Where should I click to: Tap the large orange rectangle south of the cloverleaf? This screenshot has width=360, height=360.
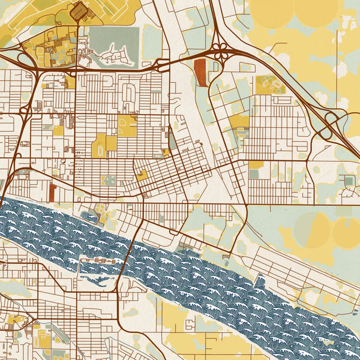(200, 73)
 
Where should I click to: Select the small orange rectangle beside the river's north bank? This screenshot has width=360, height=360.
(52, 193)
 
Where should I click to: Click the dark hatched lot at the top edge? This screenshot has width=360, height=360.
(79, 10)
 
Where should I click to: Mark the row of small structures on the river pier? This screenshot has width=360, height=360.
(98, 261)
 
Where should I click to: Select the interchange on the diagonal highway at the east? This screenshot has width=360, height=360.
(329, 126)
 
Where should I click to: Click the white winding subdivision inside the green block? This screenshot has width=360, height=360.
(114, 54)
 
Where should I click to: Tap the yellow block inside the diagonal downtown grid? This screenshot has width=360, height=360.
(142, 175)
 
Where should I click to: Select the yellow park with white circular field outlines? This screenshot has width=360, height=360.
(270, 84)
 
